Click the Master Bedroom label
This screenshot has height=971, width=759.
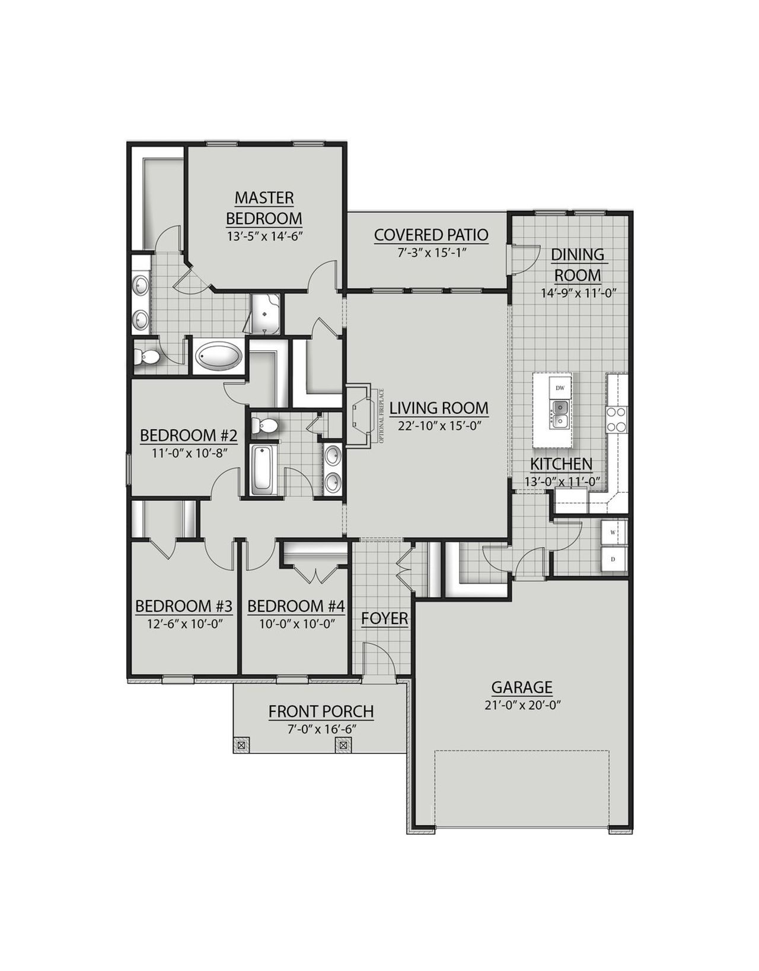click(x=264, y=207)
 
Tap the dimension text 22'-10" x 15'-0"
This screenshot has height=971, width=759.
click(x=438, y=425)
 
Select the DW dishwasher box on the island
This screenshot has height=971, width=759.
click(x=560, y=388)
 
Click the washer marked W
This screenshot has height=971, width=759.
click(x=613, y=532)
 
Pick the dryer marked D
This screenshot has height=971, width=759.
click(x=613, y=559)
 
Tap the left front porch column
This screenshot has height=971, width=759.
click(x=242, y=745)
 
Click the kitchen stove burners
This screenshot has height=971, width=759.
click(x=616, y=419)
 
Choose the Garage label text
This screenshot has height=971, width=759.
click(x=522, y=688)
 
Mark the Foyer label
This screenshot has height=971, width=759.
click(x=384, y=619)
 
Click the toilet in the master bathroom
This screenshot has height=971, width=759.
click(x=146, y=357)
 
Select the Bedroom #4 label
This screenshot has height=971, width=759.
click(x=295, y=606)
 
